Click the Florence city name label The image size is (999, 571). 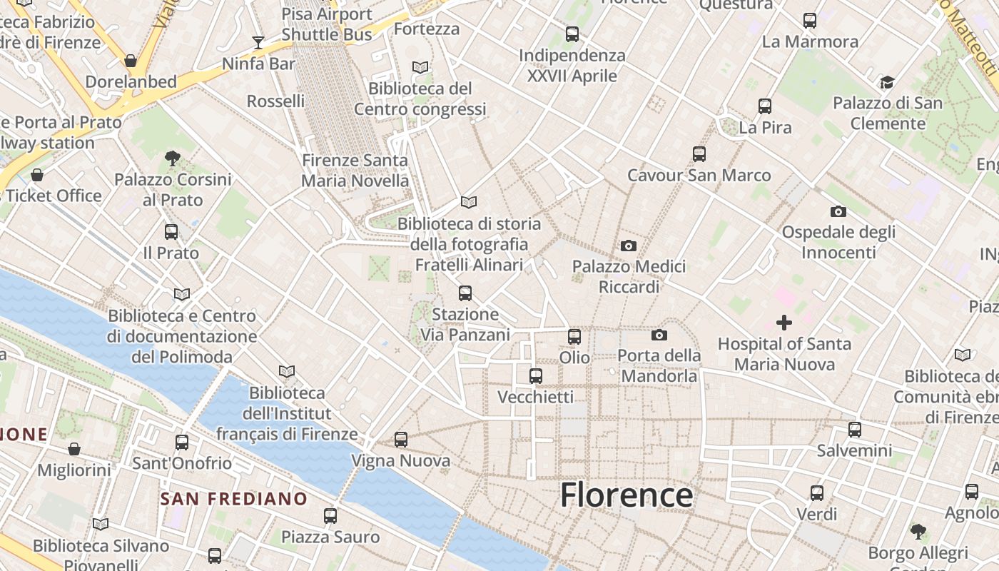[626, 495]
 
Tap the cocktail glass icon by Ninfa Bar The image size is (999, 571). [258, 43]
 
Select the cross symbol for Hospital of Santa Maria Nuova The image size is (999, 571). [784, 323]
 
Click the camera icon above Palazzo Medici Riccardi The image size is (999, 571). [628, 246]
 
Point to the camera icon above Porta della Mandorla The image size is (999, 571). [659, 335]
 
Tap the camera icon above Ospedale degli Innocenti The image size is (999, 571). [838, 211]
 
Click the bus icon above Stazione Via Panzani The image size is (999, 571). [465, 293]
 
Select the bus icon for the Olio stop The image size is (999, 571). [574, 336]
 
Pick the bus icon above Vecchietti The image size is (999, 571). [536, 375]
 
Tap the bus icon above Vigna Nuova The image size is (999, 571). [401, 440]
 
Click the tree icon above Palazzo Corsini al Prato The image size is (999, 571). [172, 158]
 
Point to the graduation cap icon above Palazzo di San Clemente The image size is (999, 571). [887, 82]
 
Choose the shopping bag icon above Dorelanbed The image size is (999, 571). [131, 61]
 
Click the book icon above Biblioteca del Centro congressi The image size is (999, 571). [420, 67]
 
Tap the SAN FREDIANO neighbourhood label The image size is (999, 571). [233, 498]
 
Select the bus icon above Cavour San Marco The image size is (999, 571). [699, 153]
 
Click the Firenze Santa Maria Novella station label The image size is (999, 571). [355, 171]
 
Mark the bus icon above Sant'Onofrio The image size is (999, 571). [182, 443]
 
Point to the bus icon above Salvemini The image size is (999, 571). [855, 430]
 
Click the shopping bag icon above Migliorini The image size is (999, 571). [74, 449]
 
